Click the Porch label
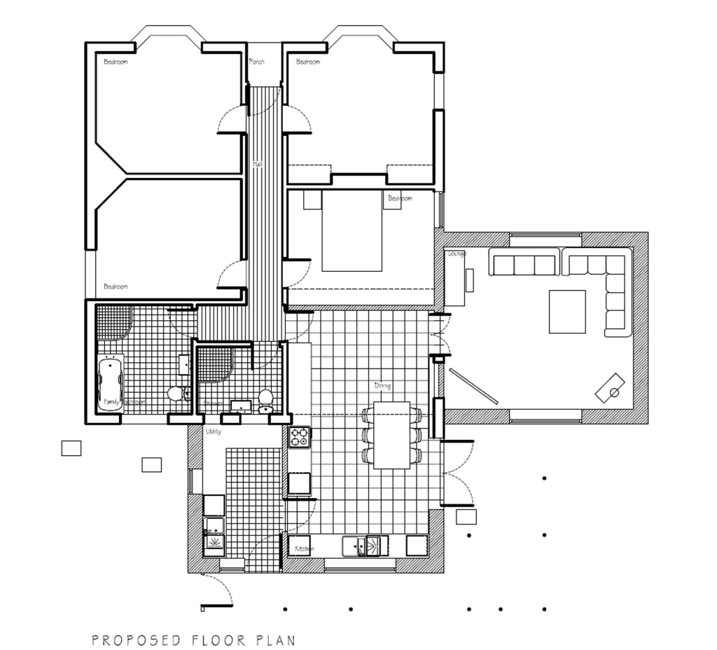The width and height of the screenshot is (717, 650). [x=257, y=62]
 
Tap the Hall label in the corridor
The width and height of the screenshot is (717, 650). [x=258, y=164]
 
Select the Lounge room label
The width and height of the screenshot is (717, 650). [x=457, y=254]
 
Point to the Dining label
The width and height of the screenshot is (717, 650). [x=382, y=386]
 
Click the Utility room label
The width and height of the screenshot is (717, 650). [x=214, y=431]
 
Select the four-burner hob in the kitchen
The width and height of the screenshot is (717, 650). [x=300, y=437]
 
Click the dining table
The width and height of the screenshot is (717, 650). [x=391, y=435]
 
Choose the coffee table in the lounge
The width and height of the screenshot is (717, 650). [x=567, y=312]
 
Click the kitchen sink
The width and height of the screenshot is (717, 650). [x=365, y=545]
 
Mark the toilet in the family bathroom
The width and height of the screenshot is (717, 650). [x=176, y=393]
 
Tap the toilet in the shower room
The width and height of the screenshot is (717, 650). [x=266, y=400]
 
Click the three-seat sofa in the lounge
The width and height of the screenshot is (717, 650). [x=524, y=265]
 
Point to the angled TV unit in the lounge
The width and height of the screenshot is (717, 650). [x=610, y=388]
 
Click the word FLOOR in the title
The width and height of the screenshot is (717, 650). [x=211, y=640]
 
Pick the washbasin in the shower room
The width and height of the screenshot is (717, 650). [x=241, y=405]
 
